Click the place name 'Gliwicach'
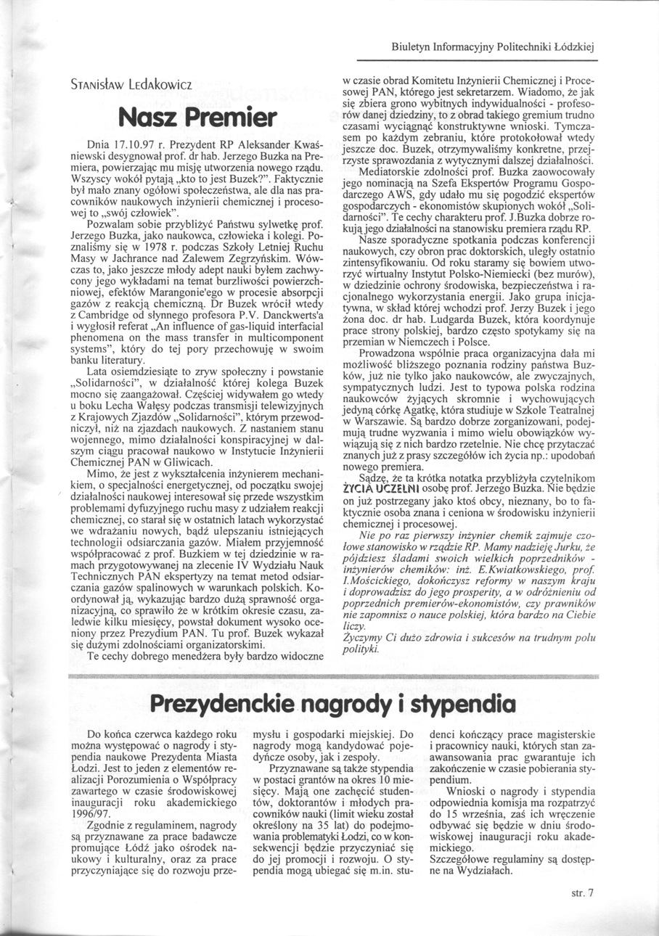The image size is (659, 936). tap(191, 462)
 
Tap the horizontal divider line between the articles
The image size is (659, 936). tap(330, 676)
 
